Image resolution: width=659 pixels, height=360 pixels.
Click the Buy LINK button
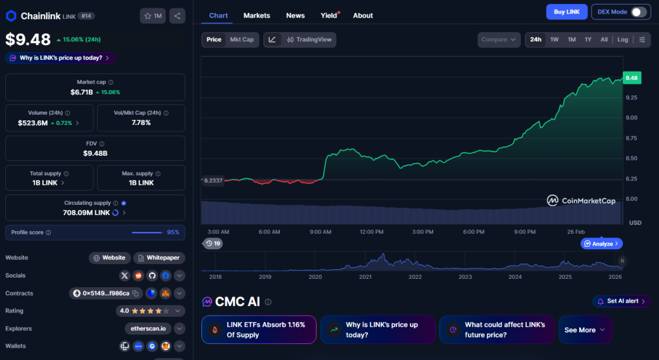(566, 12)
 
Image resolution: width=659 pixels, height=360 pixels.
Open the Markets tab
(257, 15)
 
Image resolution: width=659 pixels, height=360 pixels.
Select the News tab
(295, 15)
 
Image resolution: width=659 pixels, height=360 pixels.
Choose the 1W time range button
(554, 40)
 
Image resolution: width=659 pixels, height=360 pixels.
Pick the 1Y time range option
(588, 40)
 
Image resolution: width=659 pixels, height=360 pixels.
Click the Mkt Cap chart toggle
(242, 40)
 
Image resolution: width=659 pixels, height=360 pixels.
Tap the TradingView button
(310, 40)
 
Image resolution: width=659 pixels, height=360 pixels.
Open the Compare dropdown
(499, 40)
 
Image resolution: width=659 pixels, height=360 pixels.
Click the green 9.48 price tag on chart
(631, 78)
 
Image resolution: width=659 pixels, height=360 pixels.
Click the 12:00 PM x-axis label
(371, 232)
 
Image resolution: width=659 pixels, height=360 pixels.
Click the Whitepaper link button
(160, 258)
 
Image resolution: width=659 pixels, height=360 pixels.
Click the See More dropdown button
(584, 330)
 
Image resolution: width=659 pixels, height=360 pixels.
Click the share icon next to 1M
(177, 15)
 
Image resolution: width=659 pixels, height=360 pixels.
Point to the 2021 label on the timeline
(366, 277)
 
